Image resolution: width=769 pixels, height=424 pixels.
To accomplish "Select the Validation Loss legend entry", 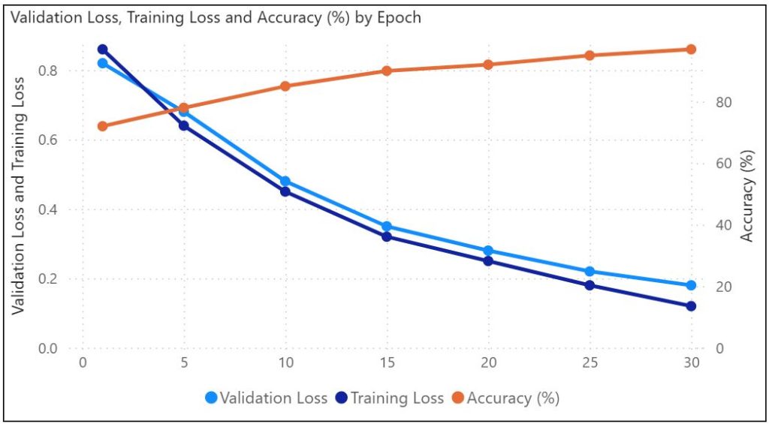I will click(266, 398).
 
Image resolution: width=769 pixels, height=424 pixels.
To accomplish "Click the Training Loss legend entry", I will click(390, 398).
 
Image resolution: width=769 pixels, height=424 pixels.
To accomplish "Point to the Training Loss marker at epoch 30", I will click(691, 306).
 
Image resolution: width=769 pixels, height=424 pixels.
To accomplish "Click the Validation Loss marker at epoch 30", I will click(691, 285).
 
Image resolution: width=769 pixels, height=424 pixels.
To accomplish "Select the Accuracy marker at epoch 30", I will click(691, 50).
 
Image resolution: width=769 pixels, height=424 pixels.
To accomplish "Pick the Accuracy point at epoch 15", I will click(387, 71).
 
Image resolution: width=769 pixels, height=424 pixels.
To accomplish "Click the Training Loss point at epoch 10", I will click(285, 191).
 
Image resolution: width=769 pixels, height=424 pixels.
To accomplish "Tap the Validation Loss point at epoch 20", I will click(488, 251).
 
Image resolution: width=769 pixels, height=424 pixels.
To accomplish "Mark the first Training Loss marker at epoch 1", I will click(103, 50).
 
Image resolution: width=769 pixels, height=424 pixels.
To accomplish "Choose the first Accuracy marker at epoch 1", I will click(103, 126).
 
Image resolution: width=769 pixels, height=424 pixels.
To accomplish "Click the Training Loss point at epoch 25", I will click(590, 285).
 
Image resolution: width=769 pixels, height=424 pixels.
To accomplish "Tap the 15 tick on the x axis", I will click(387, 362).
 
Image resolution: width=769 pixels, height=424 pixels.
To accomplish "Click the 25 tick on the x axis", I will click(590, 362).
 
